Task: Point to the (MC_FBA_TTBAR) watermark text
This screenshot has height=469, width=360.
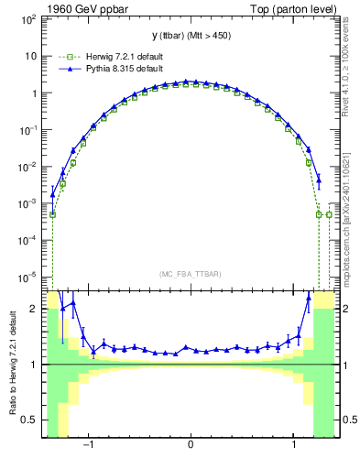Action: pyautogui.click(x=191, y=273)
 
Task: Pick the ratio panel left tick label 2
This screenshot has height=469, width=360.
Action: pyautogui.click(x=33, y=310)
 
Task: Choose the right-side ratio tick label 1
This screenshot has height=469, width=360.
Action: pyautogui.click(x=346, y=365)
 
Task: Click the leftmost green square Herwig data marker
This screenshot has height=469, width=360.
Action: pyautogui.click(x=52, y=214)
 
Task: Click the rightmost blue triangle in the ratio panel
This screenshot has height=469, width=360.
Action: pyautogui.click(x=308, y=297)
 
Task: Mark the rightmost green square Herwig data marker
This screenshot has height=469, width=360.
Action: pyautogui.click(x=329, y=214)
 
